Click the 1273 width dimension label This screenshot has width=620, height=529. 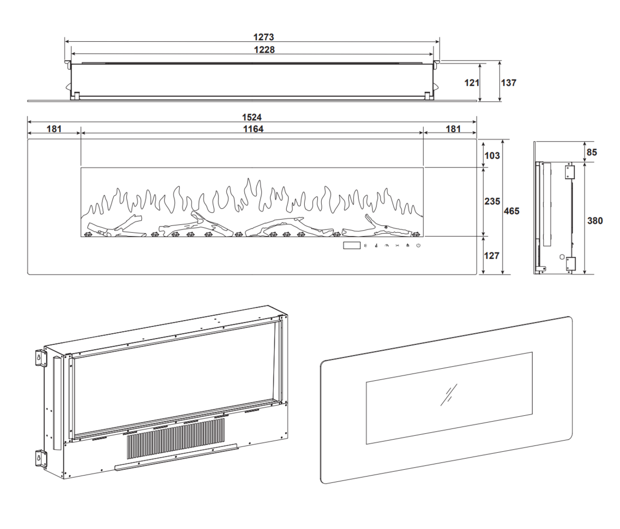coord(263,38)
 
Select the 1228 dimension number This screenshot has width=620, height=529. coord(263,49)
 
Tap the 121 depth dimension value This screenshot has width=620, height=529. coord(471,83)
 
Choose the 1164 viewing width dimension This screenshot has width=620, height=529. coord(252,129)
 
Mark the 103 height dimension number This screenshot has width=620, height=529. coord(492,156)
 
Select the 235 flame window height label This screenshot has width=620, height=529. coord(493,202)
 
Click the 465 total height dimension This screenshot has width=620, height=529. coord(511,211)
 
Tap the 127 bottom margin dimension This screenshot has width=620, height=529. coord(492,256)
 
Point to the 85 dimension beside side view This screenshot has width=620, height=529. coord(592,152)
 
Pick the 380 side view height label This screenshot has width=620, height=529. coord(595,221)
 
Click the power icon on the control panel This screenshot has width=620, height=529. coord(418,245)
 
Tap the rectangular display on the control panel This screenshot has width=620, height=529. coord(351,245)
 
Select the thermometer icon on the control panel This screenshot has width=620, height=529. coord(375,245)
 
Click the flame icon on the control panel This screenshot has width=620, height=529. coord(407,245)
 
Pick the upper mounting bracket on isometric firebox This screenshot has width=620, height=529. coord(39,358)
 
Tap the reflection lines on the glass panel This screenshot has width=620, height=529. coord(449,394)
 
